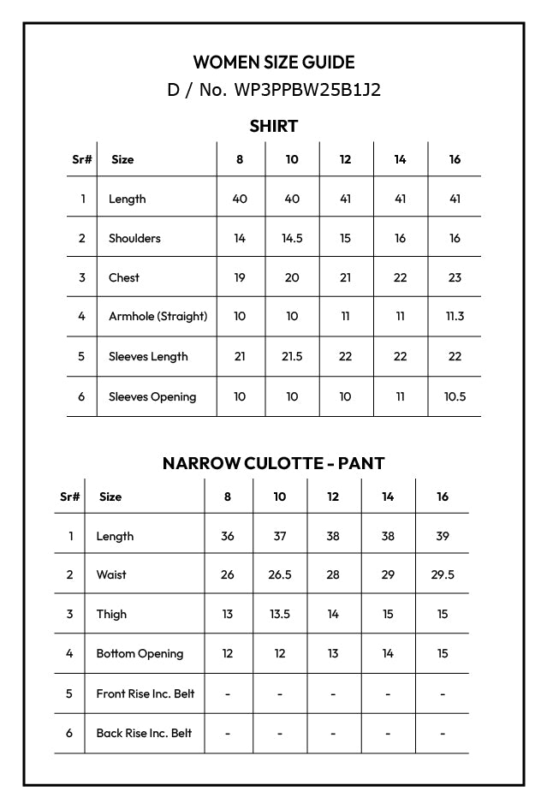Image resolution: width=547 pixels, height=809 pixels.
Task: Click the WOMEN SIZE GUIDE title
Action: [x=273, y=62]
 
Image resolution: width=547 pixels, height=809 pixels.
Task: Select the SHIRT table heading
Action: [x=273, y=127]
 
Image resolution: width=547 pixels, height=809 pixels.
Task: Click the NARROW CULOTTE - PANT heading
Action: [x=273, y=463]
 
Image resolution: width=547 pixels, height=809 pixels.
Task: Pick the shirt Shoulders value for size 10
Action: [x=292, y=238]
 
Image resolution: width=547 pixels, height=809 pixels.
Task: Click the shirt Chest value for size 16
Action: [x=455, y=277]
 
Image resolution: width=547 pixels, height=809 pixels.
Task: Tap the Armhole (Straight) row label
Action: [x=158, y=316]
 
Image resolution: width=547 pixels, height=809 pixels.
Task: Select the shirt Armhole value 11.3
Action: [x=455, y=316]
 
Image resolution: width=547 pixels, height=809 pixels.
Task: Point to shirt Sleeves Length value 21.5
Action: [x=292, y=356]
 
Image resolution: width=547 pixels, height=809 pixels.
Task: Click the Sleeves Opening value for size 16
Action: [x=455, y=396]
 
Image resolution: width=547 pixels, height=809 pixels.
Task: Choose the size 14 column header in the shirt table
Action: [x=400, y=159]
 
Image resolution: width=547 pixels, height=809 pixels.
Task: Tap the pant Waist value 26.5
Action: [x=280, y=574]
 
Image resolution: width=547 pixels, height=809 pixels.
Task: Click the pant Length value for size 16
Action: [x=442, y=536]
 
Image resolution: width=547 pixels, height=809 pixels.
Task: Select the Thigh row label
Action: [x=111, y=614]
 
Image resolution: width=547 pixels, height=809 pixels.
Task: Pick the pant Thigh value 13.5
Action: [x=280, y=614]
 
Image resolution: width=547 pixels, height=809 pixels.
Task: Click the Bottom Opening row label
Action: [x=140, y=653]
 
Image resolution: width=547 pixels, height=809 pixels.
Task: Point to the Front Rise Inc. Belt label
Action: [x=145, y=693]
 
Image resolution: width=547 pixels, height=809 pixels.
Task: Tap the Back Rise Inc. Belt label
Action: [x=144, y=733]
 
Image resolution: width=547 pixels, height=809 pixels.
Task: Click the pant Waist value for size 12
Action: [x=333, y=574]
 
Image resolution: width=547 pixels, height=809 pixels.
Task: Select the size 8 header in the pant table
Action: [x=228, y=497]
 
